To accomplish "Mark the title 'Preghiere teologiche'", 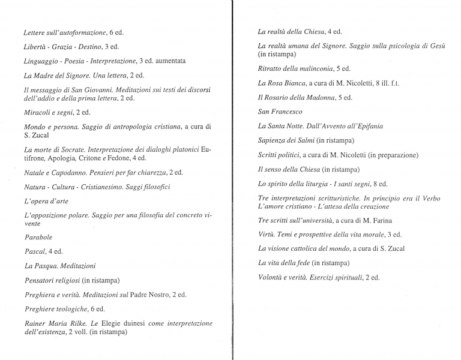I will click(56, 309).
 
